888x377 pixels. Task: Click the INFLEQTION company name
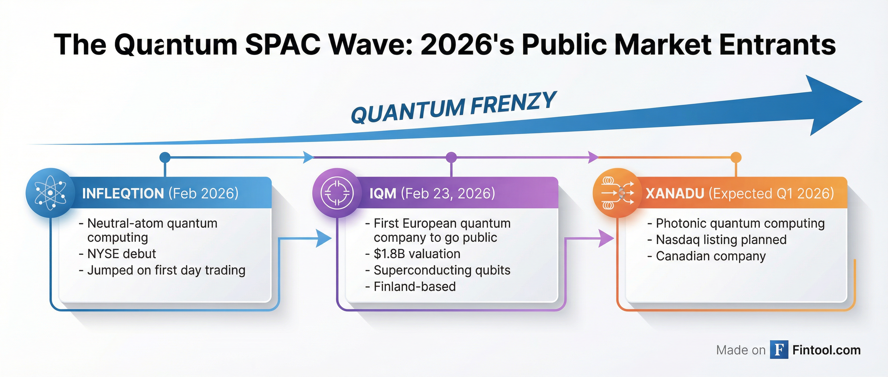pos(123,194)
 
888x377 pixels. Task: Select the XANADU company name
pos(675,194)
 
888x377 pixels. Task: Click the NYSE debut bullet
pos(121,254)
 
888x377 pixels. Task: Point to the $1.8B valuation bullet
pos(417,254)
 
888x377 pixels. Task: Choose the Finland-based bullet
pos(414,287)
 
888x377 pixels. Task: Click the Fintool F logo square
pos(779,350)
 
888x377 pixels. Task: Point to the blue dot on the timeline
pos(165,157)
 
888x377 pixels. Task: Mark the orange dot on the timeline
pos(736,157)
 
